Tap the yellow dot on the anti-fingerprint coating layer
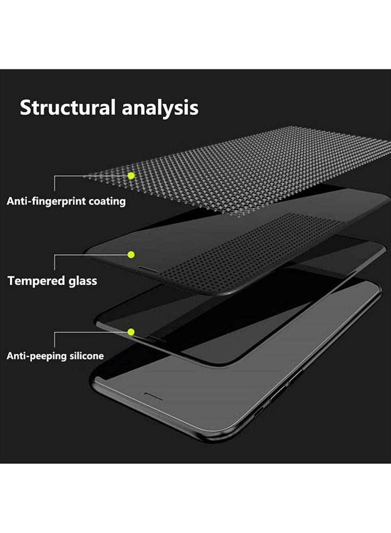131,175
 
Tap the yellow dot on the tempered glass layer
131,254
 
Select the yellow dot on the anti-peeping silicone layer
131,332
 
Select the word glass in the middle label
82,281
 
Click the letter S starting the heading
25,108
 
